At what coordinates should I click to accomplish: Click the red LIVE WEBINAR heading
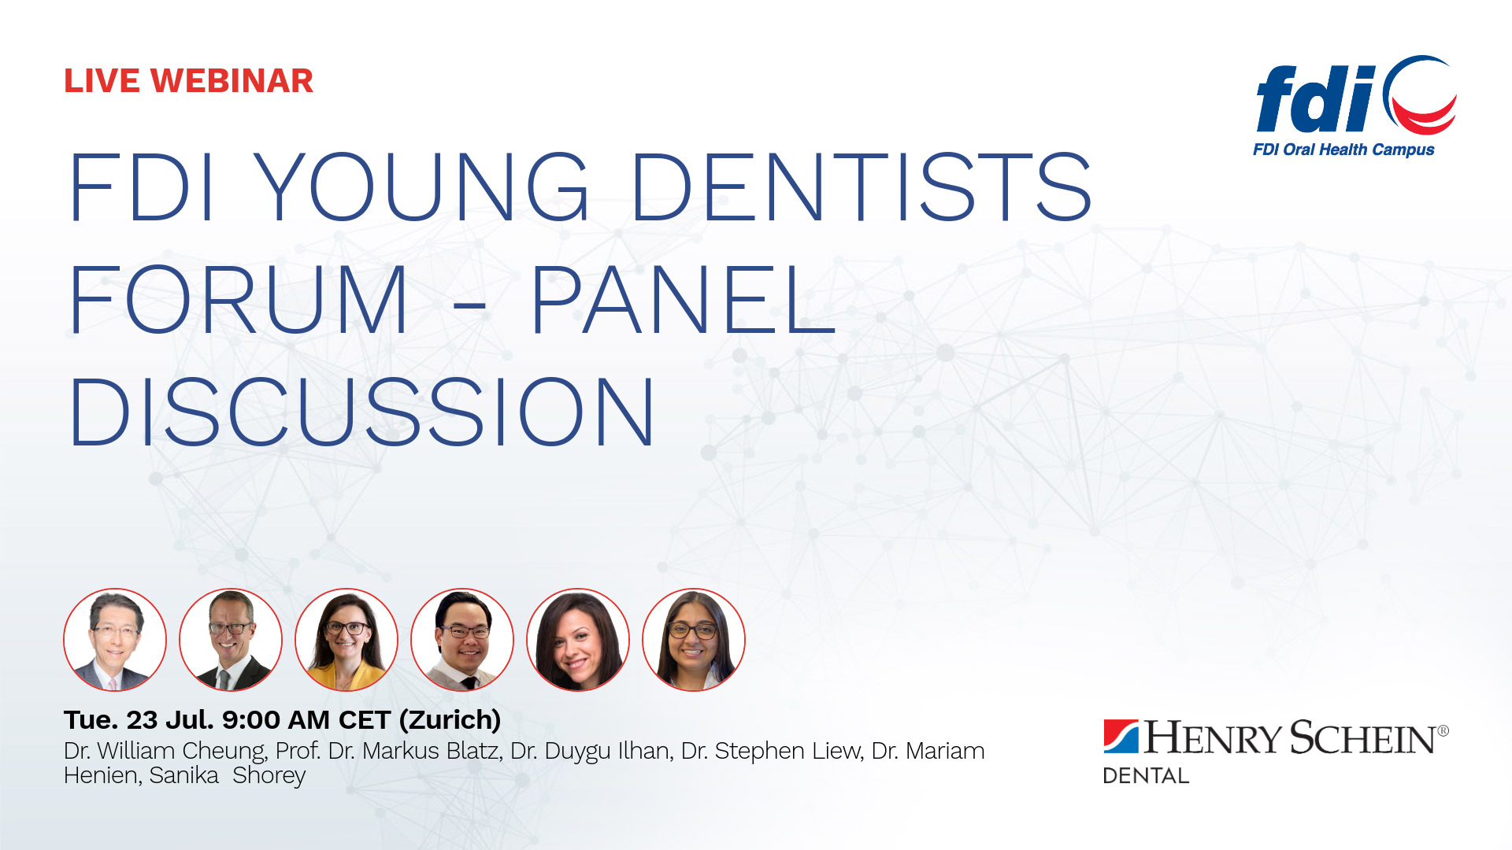(188, 81)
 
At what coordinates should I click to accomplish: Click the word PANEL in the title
(683, 300)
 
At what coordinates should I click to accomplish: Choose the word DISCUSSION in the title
(361, 412)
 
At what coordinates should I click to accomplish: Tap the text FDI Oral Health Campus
(1343, 150)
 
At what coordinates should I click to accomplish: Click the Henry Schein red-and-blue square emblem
(1121, 737)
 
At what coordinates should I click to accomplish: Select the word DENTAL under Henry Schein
(1146, 776)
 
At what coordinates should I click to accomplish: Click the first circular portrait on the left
(115, 640)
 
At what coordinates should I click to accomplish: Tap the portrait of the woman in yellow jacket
(346, 640)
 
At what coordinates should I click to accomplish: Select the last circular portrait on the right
(694, 640)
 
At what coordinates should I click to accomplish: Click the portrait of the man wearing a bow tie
(462, 640)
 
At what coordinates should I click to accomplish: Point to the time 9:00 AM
(276, 720)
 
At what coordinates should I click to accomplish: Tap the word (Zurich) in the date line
(450, 720)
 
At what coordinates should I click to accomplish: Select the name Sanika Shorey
(228, 776)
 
